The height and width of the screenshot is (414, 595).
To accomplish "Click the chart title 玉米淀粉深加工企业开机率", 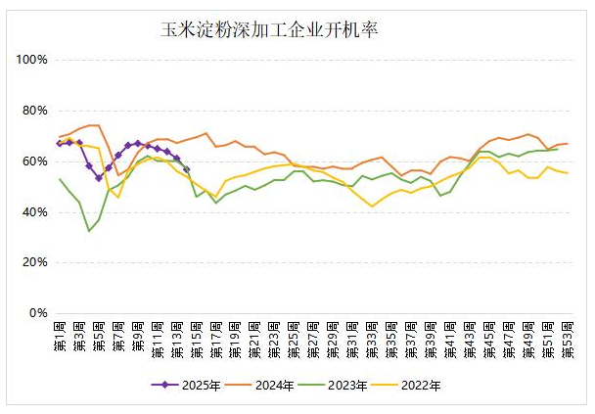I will (x=269, y=29).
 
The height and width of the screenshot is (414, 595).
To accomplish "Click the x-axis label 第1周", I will (x=61, y=338).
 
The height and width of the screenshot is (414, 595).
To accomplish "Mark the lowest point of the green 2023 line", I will (x=89, y=231).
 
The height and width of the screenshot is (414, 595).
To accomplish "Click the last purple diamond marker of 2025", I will (x=186, y=169).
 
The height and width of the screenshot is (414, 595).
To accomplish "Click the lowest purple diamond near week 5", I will (x=99, y=178).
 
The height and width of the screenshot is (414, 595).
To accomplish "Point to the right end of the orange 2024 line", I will (x=567, y=144).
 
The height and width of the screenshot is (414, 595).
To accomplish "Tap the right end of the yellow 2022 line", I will (x=567, y=173).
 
